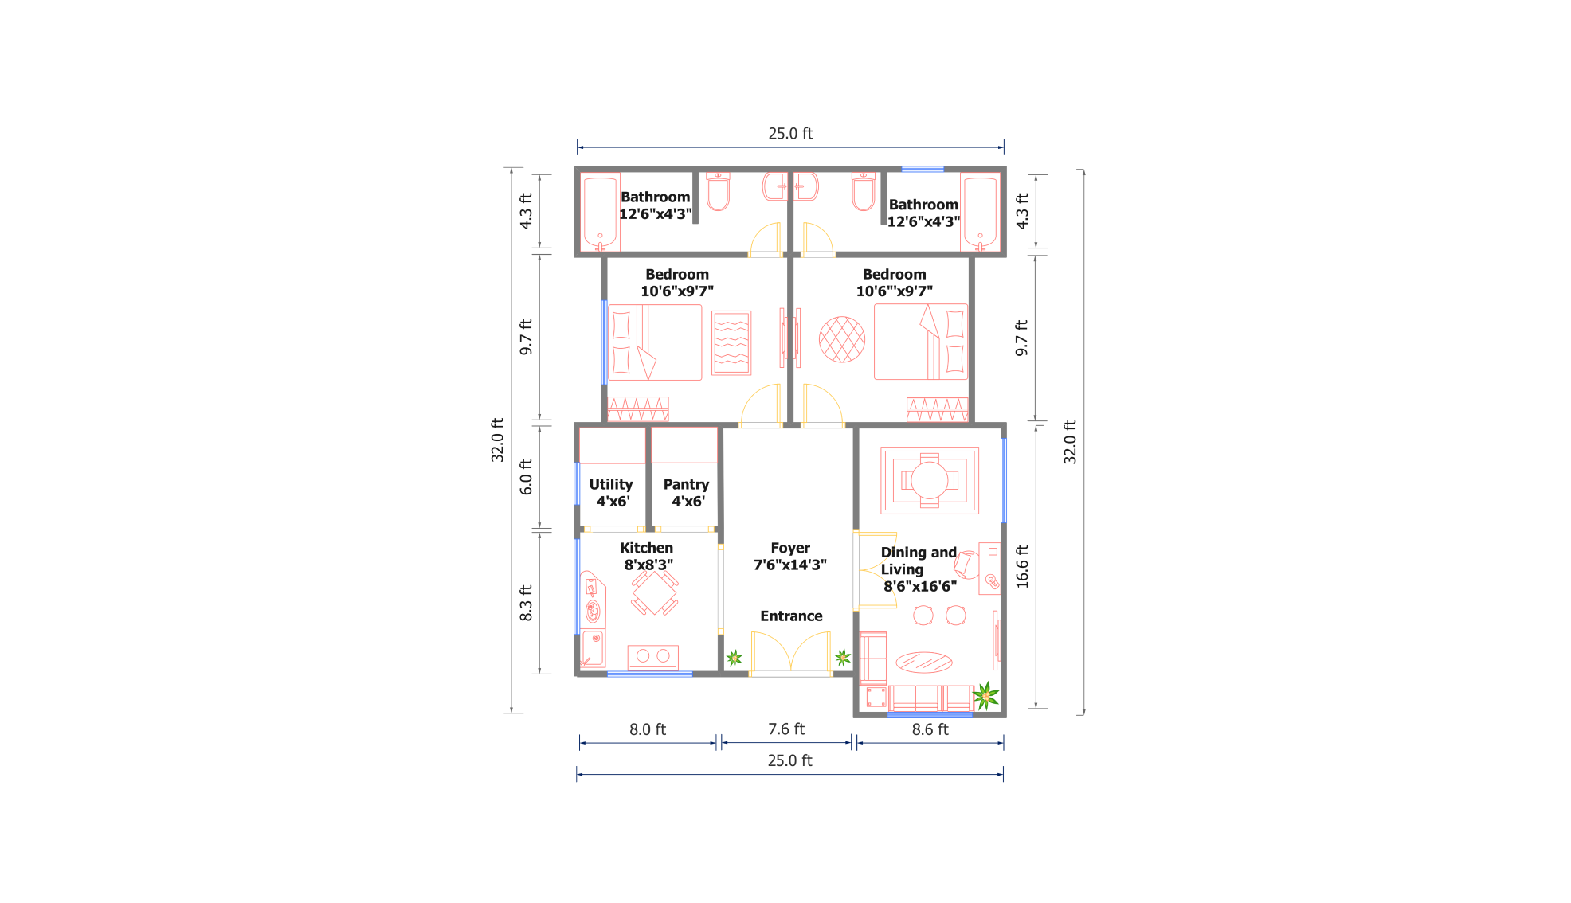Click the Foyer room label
coord(789,557)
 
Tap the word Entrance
coord(791,616)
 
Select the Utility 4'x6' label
coord(611,493)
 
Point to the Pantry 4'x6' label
coord(686,493)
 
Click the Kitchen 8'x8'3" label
coord(647,557)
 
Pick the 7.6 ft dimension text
coord(786,729)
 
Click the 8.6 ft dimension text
coord(930,729)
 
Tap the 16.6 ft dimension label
coord(1023,567)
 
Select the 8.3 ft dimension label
coord(526,603)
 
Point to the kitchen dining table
coord(654,592)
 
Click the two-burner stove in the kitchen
coord(653,657)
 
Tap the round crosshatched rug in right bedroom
coord(842,339)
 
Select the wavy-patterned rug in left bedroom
coord(731,343)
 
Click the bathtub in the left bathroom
coord(600,213)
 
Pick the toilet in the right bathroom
coord(864,191)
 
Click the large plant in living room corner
coord(985,696)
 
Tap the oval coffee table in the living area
coord(924,662)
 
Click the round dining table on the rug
coord(930,480)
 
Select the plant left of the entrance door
coord(735,658)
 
